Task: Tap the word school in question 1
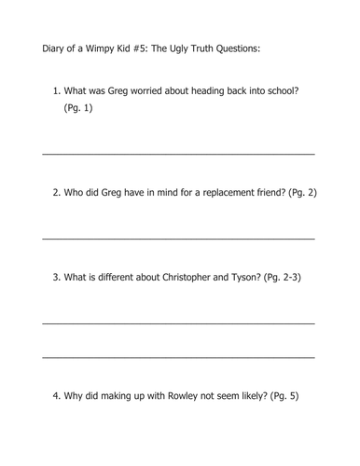click(280, 91)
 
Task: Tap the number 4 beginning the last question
click(56, 396)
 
